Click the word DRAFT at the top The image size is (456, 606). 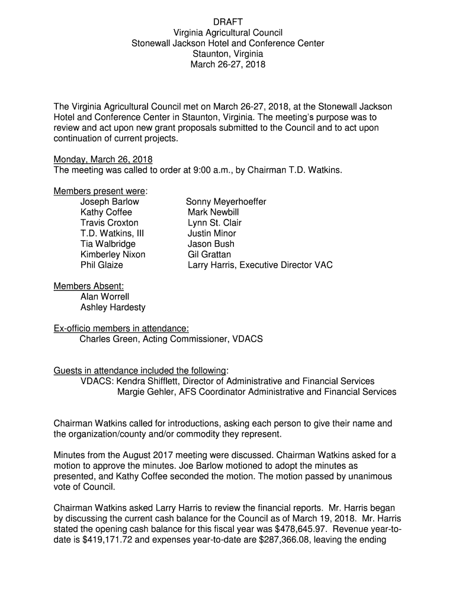click(x=228, y=22)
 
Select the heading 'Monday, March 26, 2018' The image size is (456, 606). click(x=103, y=159)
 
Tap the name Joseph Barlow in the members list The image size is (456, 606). click(x=110, y=202)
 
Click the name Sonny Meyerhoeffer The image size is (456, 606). click(x=226, y=202)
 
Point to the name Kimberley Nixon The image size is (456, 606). click(x=113, y=254)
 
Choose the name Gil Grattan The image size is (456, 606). click(x=209, y=254)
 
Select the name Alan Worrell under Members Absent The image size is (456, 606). click(x=105, y=296)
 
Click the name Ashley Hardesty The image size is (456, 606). click(x=113, y=307)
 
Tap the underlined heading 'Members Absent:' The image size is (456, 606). click(x=89, y=286)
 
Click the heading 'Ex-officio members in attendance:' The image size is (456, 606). click(x=121, y=328)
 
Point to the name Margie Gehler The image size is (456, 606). click(x=146, y=392)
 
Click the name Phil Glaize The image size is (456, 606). click(x=102, y=265)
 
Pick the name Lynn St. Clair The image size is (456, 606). click(x=214, y=223)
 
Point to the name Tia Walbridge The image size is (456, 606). click(x=108, y=244)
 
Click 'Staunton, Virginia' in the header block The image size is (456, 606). click(x=228, y=54)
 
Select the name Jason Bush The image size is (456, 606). click(x=211, y=244)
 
